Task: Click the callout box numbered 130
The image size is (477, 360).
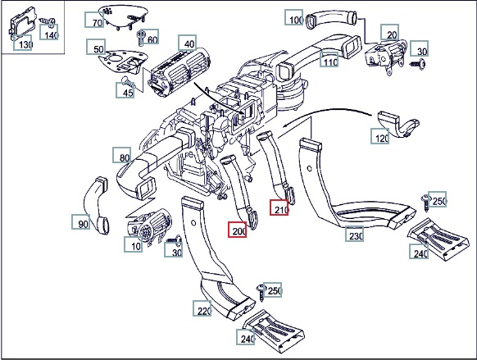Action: (23, 43)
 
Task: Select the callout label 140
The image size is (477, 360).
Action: (49, 32)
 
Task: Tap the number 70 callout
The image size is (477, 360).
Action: (94, 20)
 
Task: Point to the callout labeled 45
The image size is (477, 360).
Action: (125, 90)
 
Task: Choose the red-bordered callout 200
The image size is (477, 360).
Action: (238, 230)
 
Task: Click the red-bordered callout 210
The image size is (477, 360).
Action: (279, 207)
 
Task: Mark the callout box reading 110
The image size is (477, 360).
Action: (329, 60)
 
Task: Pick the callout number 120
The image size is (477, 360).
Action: (380, 136)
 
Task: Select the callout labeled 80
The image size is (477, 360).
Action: (122, 155)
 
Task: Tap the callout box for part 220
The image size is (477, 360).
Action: (202, 308)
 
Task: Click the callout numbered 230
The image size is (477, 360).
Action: (354, 234)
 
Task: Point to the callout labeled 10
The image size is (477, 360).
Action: (134, 244)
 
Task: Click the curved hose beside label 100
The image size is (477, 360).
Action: (331, 19)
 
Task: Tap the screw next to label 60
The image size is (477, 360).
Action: (141, 38)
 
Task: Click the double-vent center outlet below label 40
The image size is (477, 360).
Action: (179, 72)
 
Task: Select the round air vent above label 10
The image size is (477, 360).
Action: (150, 226)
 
